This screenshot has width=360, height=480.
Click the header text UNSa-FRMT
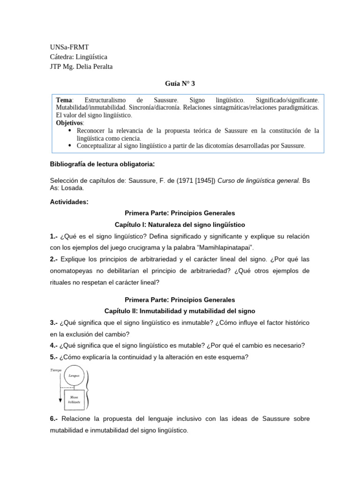click(x=69, y=47)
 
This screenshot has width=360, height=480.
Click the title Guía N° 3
click(x=180, y=84)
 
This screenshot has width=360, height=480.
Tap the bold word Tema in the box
click(x=64, y=100)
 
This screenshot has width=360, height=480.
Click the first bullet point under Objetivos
click(x=70, y=130)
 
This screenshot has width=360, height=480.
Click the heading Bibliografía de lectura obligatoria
click(x=102, y=165)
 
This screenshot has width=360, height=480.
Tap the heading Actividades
click(x=68, y=202)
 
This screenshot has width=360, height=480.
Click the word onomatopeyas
click(x=73, y=271)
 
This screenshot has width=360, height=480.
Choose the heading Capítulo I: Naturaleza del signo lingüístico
click(x=180, y=225)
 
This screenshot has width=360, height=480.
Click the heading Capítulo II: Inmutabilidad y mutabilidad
click(x=180, y=311)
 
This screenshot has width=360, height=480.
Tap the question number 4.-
click(x=53, y=345)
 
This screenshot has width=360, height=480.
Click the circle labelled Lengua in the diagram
click(x=74, y=376)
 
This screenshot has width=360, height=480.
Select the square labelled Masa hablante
click(x=73, y=399)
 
